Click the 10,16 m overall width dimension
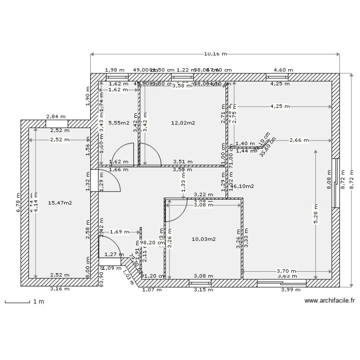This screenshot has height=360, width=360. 215,54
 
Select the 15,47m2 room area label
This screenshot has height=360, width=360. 60,203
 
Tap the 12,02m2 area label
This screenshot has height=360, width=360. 183,123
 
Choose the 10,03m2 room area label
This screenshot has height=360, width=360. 204,239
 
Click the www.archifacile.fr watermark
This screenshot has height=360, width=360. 330,301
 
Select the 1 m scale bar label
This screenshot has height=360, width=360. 38,301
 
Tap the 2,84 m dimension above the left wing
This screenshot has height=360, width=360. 56,116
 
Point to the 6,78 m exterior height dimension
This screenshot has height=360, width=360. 18,203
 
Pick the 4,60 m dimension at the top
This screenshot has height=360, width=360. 280,70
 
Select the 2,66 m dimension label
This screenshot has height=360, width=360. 299,140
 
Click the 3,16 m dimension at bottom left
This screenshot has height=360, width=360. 60,289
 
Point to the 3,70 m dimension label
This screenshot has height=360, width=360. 287,271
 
